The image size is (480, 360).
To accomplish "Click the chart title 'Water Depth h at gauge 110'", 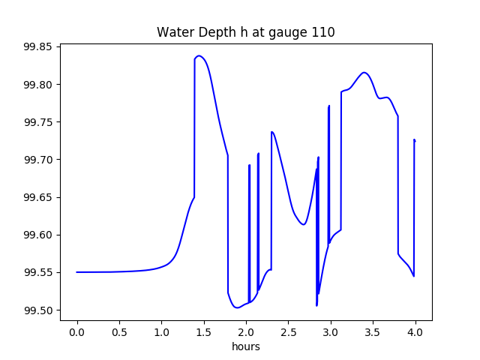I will (245, 32).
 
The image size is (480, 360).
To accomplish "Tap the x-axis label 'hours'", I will (245, 346).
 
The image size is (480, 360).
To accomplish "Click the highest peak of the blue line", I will (199, 56).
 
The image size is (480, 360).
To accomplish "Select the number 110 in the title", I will (324, 32).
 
